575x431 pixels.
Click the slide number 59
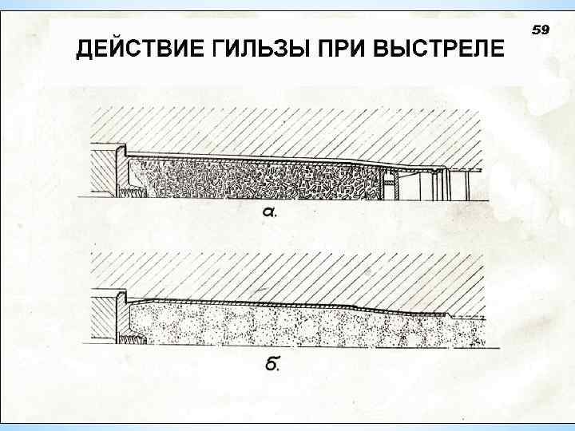tap(540, 30)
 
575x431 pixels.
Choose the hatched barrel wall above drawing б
tap(280, 275)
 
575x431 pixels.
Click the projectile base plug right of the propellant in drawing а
tap(391, 188)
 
